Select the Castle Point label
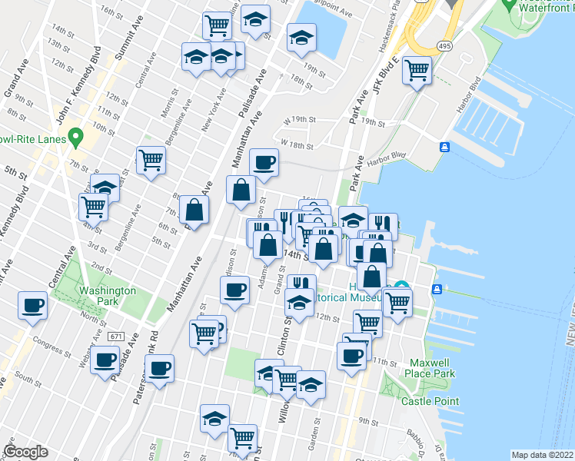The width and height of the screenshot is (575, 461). tap(430, 401)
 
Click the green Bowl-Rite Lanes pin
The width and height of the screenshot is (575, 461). tap(75, 138)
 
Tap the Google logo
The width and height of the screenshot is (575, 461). tap(26, 452)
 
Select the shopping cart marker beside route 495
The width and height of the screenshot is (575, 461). tap(417, 71)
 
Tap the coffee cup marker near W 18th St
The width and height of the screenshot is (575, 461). tap(264, 162)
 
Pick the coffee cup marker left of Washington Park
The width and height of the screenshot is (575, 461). tap(33, 305)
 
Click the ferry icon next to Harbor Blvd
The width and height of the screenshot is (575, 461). tap(444, 147)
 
